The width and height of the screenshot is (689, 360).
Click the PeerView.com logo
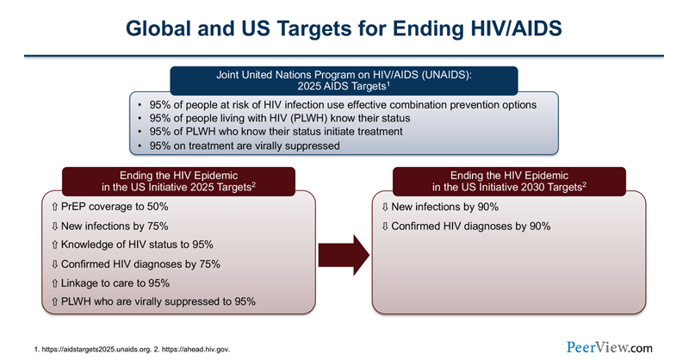(610, 346)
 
